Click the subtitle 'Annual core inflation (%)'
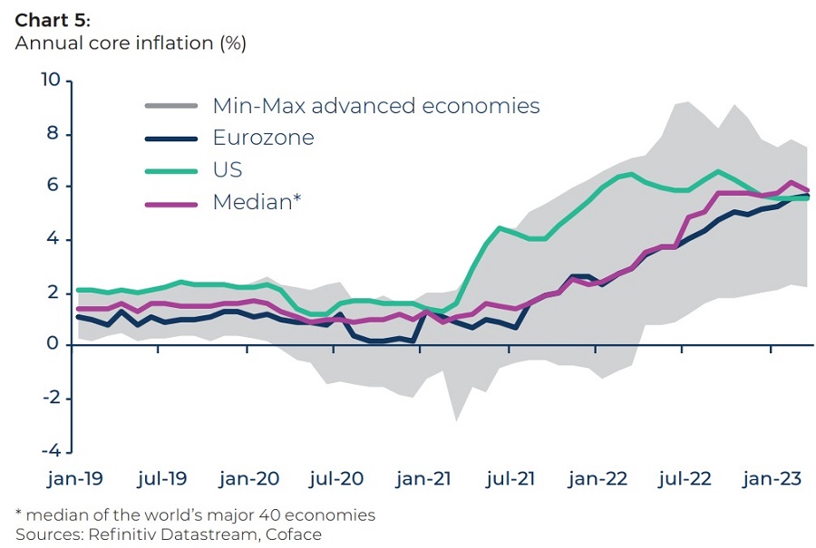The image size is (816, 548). point(131,43)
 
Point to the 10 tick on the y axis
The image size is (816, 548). point(50,82)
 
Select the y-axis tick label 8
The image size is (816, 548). point(54,134)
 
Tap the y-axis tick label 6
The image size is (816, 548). point(54,187)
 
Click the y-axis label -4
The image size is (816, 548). point(50,450)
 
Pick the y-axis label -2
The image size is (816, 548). point(50,398)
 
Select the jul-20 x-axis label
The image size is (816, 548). point(336,479)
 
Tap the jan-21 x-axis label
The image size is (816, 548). point(424,479)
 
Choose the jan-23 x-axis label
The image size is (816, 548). point(772,479)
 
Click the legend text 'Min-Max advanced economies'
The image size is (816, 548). point(375,106)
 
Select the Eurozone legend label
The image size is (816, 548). point(263,138)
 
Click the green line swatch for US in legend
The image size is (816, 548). point(171,170)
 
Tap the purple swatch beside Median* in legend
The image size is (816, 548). point(171,203)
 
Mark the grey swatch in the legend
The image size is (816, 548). point(171,106)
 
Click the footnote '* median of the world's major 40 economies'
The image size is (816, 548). point(195,514)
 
